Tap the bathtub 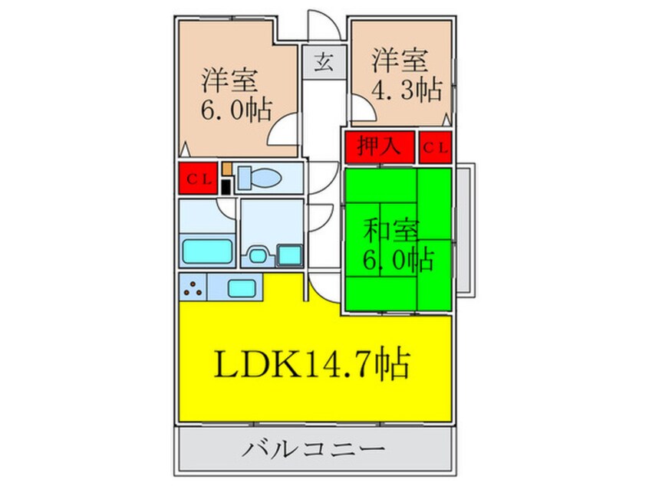206,250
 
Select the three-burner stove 193,287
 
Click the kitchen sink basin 242,287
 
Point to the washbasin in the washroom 255,254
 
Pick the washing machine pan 289,254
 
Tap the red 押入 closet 378,146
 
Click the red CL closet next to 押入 435,146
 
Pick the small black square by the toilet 226,186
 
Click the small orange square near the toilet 226,166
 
